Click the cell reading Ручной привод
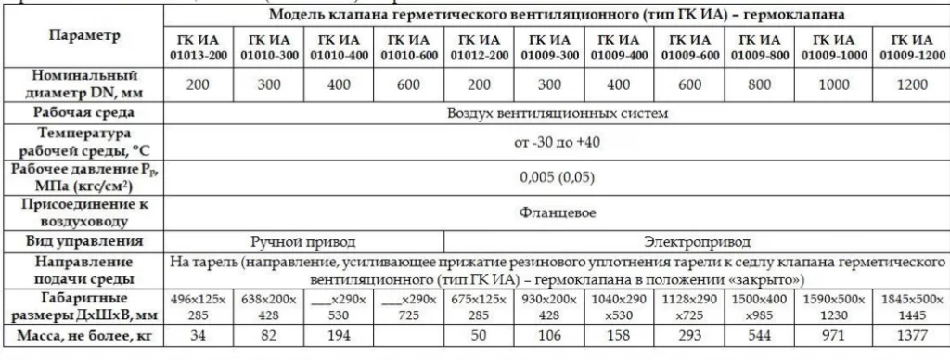[303, 243]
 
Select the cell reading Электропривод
[693, 243]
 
